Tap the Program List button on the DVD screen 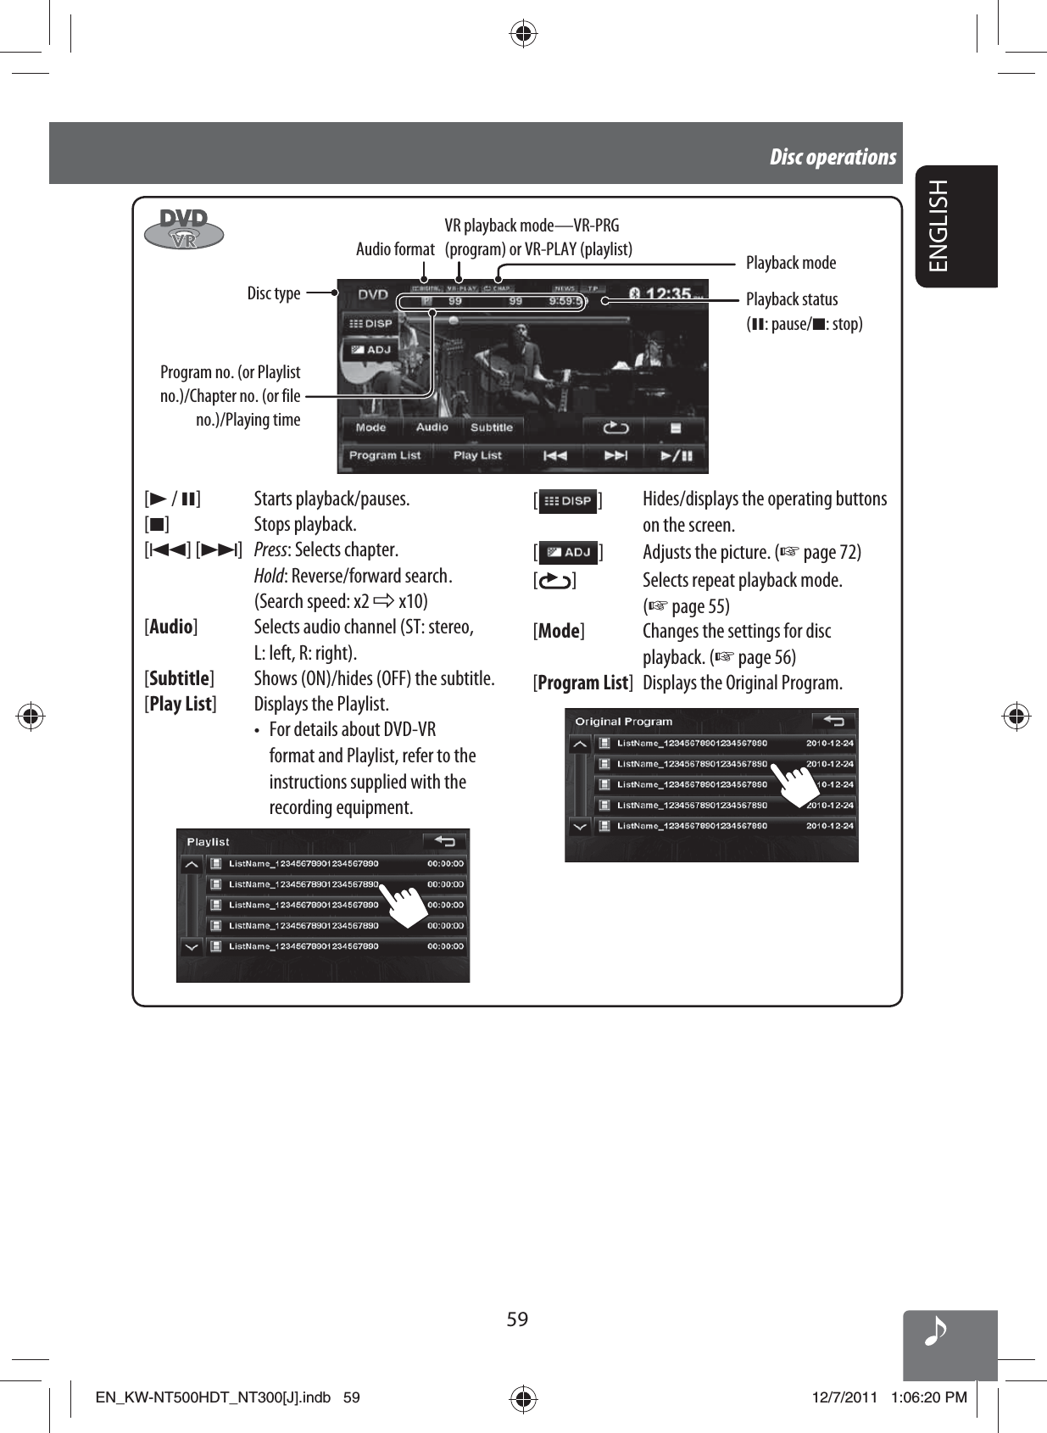click(x=384, y=455)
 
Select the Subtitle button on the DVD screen click(x=492, y=427)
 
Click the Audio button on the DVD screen click(x=432, y=427)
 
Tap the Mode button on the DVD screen click(x=371, y=427)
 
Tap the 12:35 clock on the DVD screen click(x=668, y=293)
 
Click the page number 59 click(x=517, y=1319)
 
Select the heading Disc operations click(x=833, y=157)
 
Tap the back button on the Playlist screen click(x=445, y=841)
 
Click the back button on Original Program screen click(x=833, y=721)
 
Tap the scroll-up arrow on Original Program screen click(x=580, y=744)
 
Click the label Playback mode click(x=790, y=263)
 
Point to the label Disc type click(x=274, y=293)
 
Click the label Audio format click(x=395, y=249)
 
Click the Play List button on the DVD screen click(x=477, y=455)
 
